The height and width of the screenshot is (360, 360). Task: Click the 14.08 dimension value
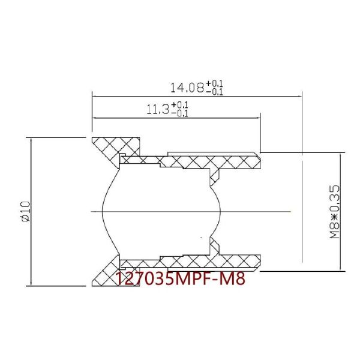tap(187, 88)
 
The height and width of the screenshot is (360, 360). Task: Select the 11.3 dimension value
tap(158, 110)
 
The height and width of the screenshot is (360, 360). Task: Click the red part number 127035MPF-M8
tap(180, 279)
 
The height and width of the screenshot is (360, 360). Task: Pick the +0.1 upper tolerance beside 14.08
tap(215, 83)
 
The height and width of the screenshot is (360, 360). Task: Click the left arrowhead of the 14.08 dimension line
tap(94, 95)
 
